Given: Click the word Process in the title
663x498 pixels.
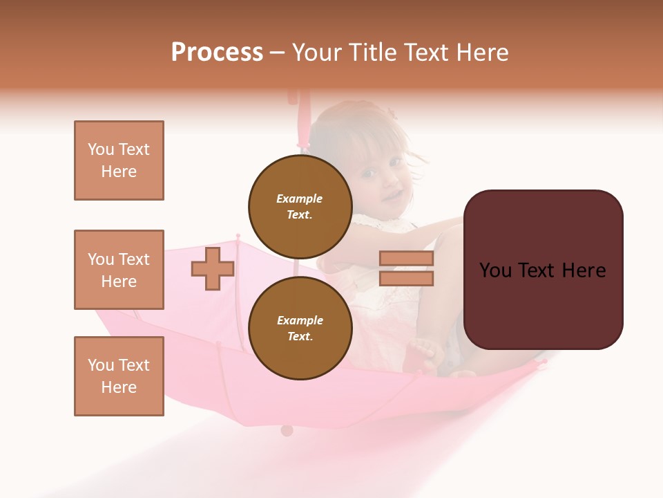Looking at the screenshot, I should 217,53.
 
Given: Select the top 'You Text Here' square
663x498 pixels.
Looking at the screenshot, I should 119,160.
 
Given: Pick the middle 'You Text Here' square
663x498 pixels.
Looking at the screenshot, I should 119,270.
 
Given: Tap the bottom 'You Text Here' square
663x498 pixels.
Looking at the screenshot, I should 119,376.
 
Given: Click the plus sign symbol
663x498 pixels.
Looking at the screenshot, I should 213,268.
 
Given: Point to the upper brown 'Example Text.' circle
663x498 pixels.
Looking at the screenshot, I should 300,206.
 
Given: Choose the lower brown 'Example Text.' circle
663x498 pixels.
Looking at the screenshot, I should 300,328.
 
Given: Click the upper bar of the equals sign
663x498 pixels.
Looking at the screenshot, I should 407,258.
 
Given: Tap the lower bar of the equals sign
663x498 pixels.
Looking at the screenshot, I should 407,278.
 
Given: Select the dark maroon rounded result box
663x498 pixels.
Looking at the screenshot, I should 543,270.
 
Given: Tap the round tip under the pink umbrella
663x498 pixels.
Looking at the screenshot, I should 287,430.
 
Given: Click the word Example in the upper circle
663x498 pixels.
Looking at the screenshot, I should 300,199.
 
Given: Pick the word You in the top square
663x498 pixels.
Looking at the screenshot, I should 101,149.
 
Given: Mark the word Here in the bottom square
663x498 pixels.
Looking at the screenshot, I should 119,387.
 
